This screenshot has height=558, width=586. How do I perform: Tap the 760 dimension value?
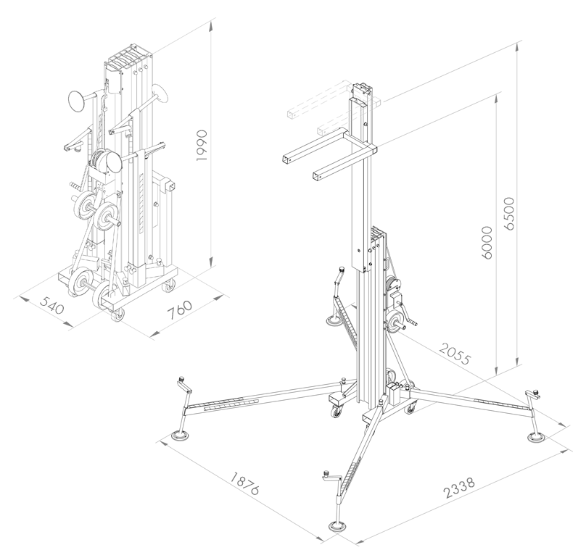[x=179, y=310]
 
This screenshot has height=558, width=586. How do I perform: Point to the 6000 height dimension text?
[x=486, y=239]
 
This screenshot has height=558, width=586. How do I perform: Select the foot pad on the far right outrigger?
[x=535, y=438]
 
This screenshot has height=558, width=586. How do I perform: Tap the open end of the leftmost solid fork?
[x=286, y=158]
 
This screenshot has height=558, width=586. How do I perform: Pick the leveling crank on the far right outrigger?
[x=535, y=395]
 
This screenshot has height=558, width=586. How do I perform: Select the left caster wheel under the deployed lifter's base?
[x=339, y=413]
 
